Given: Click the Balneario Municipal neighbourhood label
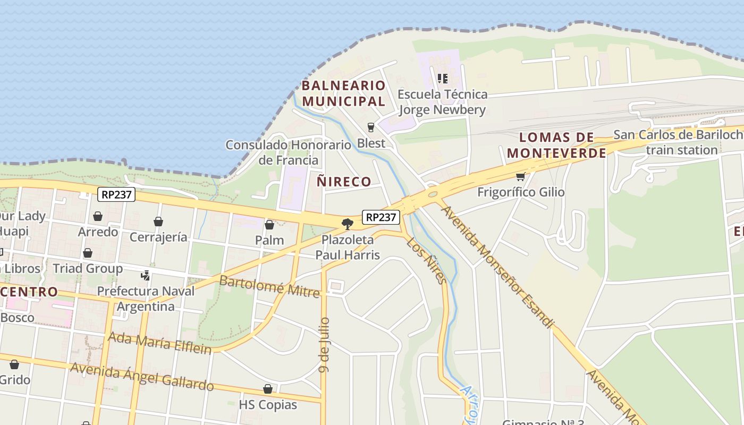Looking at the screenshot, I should [x=343, y=93].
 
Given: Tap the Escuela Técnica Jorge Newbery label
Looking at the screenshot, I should [x=442, y=102].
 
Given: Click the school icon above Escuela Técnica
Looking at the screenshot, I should [x=443, y=79].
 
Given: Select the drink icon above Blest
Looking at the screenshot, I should [x=371, y=127].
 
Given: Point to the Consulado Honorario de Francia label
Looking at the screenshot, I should [x=289, y=152].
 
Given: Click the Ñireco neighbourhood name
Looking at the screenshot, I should [x=344, y=182].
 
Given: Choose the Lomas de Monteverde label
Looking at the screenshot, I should [x=556, y=146].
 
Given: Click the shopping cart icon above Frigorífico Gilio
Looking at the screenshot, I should [x=521, y=176].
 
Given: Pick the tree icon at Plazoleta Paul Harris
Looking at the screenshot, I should [x=348, y=224].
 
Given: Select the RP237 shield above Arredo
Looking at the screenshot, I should [x=116, y=194].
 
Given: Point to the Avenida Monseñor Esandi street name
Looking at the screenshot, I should [x=497, y=266].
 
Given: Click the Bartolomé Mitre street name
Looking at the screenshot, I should [x=269, y=286].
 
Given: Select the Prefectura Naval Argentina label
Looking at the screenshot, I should [x=146, y=299].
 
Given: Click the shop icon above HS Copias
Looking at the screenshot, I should [x=268, y=389].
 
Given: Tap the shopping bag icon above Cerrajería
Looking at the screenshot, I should [x=158, y=222].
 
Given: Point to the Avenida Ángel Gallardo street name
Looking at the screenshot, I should [x=141, y=377].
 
